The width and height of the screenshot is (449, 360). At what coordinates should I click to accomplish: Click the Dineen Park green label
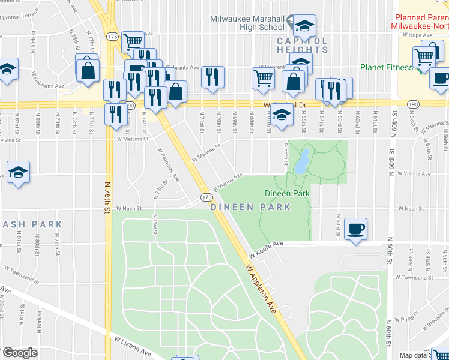(x=287, y=194)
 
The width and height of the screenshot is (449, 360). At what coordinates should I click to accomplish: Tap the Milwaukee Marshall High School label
(x=247, y=23)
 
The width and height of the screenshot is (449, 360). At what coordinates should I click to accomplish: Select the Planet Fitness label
(x=387, y=67)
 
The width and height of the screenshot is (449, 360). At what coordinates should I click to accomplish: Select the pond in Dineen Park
(x=302, y=161)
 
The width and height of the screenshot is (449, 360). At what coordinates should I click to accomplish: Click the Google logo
(x=20, y=353)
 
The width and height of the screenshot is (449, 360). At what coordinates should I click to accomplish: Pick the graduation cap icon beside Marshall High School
(x=304, y=26)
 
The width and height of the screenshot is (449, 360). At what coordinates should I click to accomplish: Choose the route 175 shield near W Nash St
(x=206, y=197)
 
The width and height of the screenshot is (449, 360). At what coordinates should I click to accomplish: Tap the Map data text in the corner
(x=414, y=355)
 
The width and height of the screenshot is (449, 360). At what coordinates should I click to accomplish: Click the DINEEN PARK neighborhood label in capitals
(x=251, y=207)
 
